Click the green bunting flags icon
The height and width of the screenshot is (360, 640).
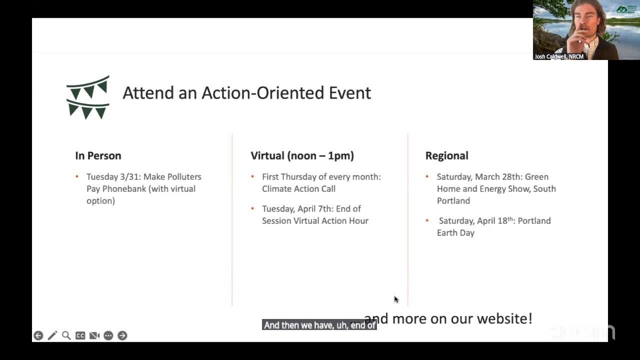[87, 97]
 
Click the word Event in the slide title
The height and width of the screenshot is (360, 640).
[349, 93]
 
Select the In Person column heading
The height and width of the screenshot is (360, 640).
[98, 155]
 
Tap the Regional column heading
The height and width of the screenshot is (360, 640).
[446, 155]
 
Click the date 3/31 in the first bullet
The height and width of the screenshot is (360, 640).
[129, 177]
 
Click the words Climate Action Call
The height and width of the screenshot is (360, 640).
[298, 189]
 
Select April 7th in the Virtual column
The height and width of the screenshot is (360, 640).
[313, 209]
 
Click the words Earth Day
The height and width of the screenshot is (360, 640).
[455, 233]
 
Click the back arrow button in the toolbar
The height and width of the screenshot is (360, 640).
[38, 335]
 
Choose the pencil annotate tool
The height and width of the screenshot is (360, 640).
[52, 335]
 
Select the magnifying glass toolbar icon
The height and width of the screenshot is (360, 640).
[66, 335]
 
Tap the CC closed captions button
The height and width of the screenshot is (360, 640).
[80, 335]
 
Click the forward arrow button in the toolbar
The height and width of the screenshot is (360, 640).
[122, 335]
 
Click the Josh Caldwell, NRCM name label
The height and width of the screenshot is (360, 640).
[559, 56]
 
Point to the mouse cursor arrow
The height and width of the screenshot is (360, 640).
[396, 299]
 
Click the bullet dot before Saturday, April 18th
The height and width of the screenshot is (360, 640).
[427, 220]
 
